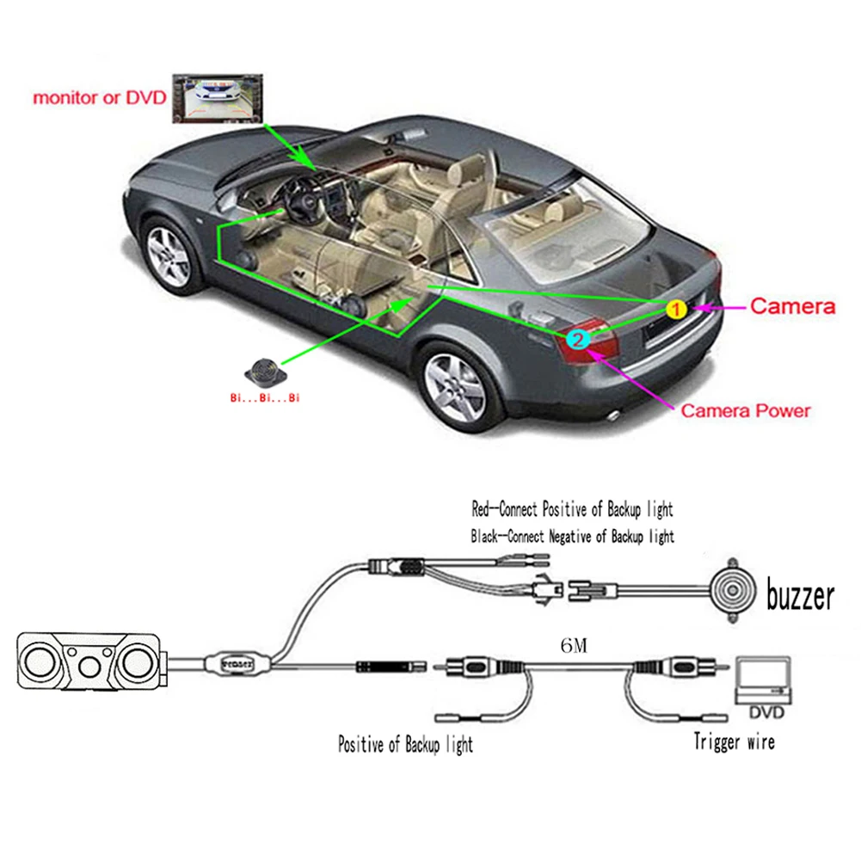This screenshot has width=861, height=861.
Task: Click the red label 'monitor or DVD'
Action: (x=97, y=97)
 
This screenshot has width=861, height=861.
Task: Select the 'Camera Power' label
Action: (x=745, y=410)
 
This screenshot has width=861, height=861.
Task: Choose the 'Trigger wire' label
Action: (x=734, y=741)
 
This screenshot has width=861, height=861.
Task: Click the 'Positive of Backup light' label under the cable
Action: (x=405, y=742)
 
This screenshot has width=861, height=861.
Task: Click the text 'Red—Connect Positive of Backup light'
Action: (x=572, y=509)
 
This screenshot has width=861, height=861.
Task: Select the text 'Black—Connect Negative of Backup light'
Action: (x=572, y=536)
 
